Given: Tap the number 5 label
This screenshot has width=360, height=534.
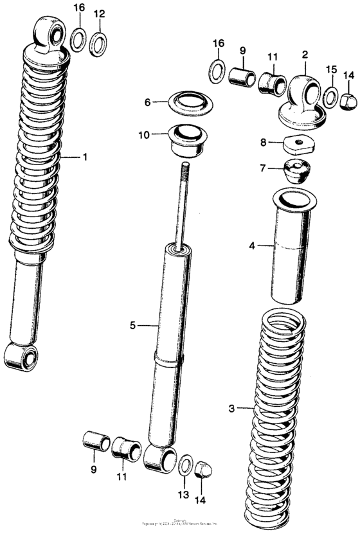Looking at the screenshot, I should coord(133,326).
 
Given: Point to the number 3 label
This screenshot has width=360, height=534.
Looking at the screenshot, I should coord(231,407).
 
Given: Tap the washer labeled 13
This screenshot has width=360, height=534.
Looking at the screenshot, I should coord(186,464).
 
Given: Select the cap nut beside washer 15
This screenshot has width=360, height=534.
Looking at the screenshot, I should coord(350,100).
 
